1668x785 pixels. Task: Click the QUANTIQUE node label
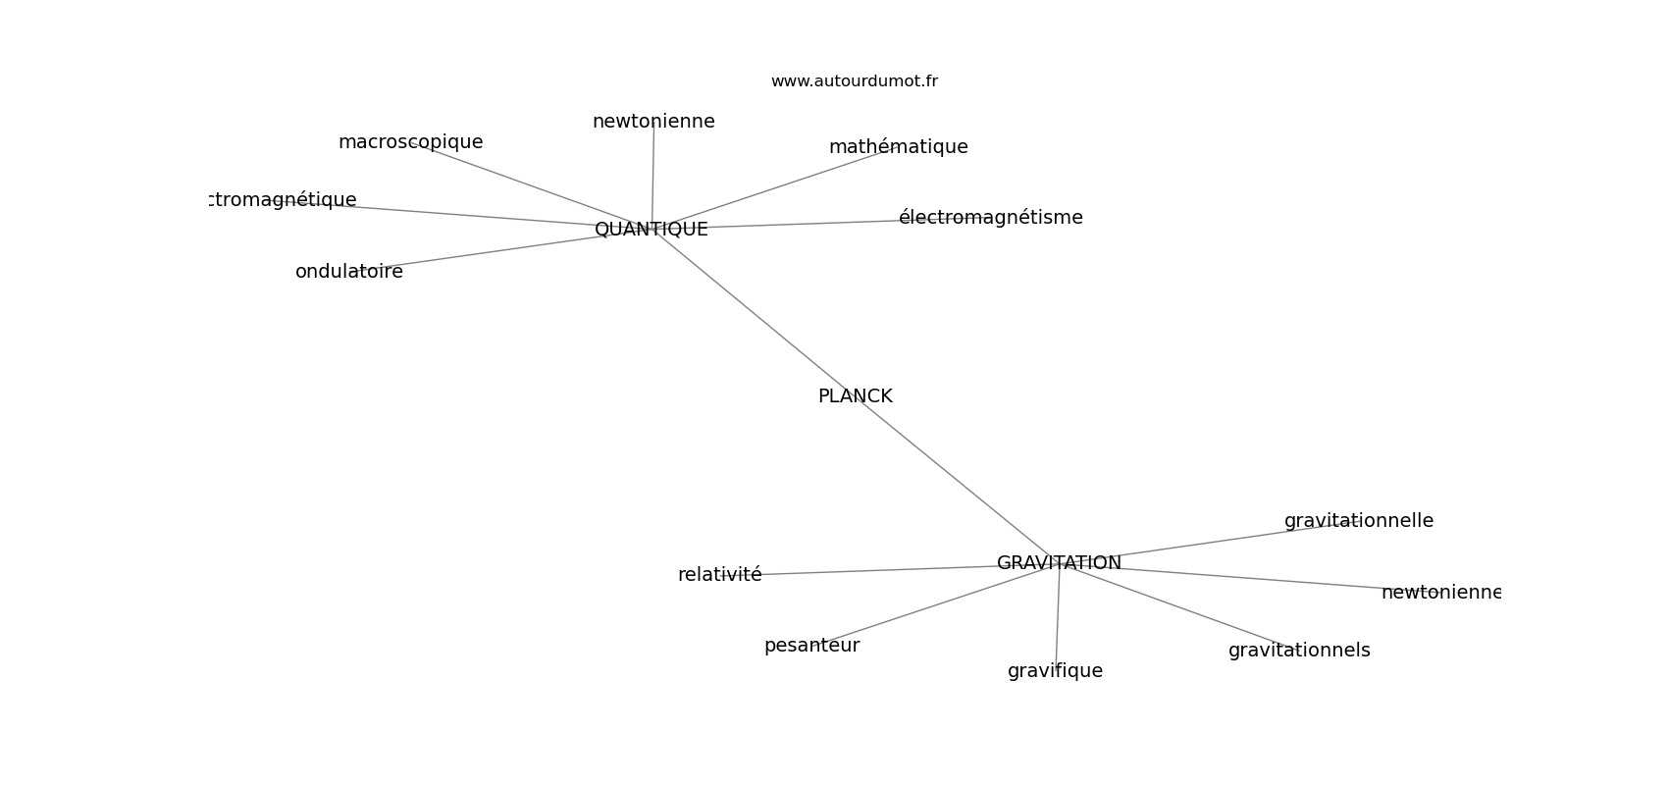651,230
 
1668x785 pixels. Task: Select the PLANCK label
855,396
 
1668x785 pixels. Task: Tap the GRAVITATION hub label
1059,563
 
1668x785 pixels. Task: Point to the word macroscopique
410,142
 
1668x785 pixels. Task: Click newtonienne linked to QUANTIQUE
653,122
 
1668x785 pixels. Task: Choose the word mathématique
898,147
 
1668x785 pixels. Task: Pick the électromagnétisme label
990,218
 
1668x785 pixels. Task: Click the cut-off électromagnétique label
285,200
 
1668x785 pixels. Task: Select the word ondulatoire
349,272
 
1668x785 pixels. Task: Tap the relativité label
719,575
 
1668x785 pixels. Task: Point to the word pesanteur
811,646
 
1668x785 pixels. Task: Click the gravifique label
1055,671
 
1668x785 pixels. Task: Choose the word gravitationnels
1298,651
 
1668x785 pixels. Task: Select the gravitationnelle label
1358,521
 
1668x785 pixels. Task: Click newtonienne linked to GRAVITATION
1439,593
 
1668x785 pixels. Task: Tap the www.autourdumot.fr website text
854,81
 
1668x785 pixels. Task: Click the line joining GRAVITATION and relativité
883,570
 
